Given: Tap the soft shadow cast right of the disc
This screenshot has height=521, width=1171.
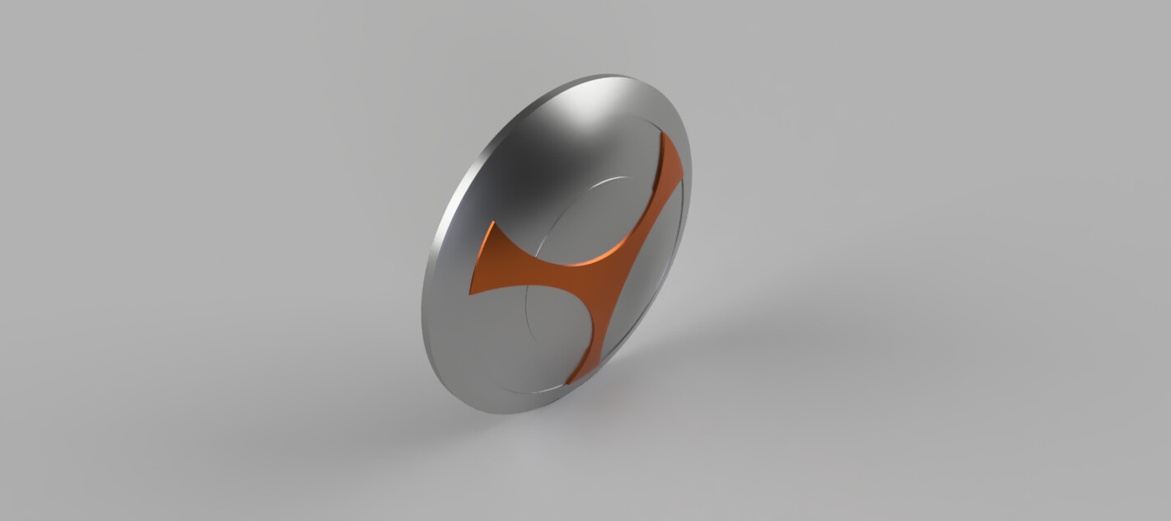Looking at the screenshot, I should point(742,346).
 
